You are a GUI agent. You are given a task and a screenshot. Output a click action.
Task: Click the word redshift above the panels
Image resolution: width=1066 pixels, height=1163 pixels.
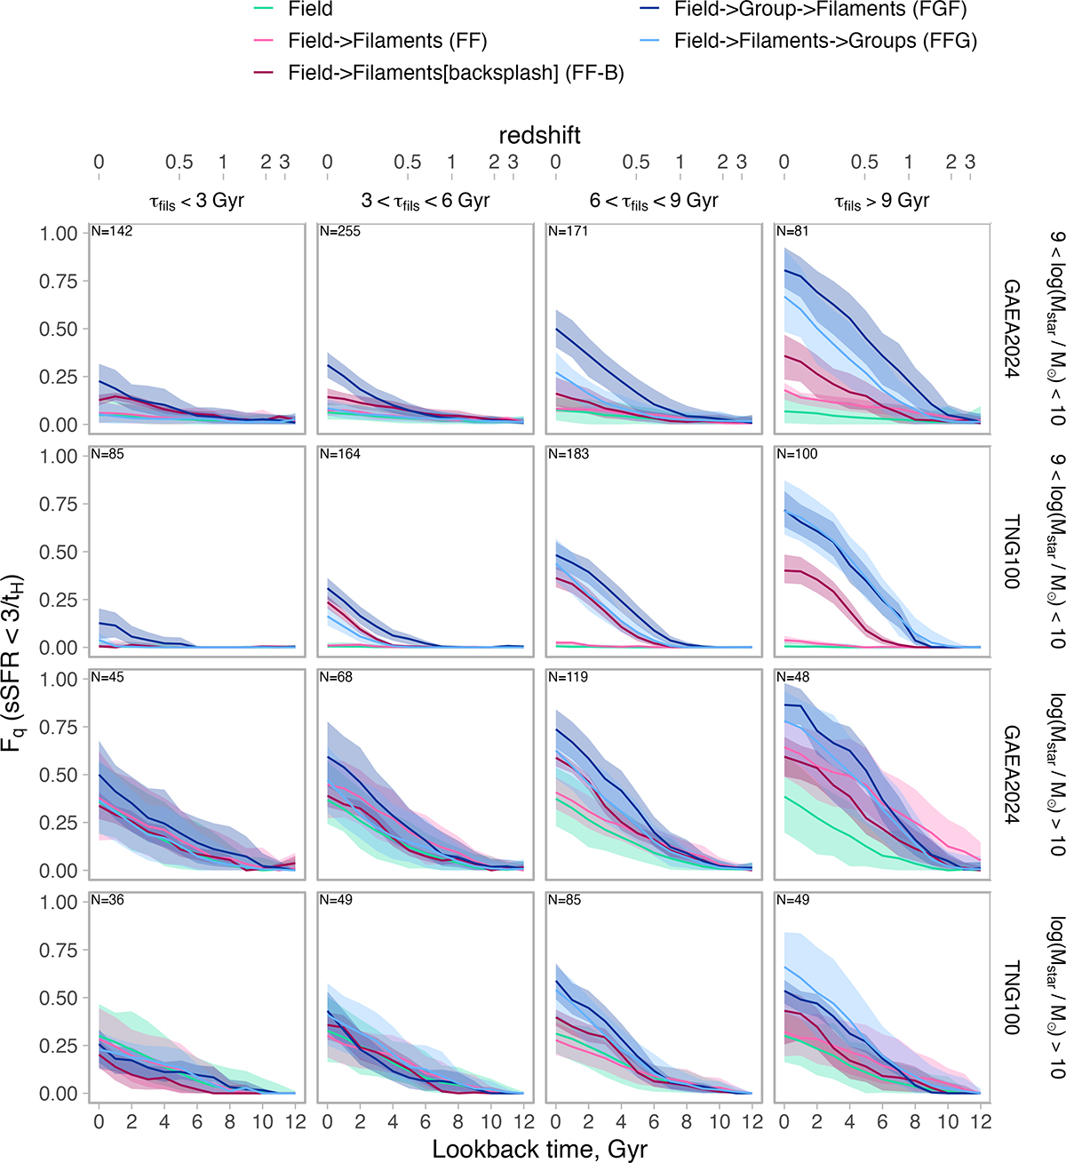click(539, 135)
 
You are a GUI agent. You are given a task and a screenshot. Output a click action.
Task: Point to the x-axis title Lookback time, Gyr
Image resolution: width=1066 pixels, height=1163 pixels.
click(539, 1149)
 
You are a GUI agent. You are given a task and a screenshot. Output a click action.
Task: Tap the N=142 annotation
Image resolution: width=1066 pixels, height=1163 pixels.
click(112, 232)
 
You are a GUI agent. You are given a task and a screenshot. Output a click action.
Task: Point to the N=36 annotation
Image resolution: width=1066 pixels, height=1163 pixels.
click(108, 901)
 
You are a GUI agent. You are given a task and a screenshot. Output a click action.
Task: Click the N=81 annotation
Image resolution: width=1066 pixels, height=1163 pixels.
click(792, 232)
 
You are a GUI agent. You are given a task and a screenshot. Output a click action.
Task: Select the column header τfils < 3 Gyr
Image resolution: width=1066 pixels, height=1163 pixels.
click(196, 202)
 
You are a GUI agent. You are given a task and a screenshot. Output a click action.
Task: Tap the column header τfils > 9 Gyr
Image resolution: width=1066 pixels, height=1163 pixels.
click(881, 202)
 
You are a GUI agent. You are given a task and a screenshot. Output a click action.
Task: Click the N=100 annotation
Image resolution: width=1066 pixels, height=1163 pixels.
click(797, 455)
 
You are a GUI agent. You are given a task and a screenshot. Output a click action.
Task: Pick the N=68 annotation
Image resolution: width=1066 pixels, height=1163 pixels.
click(337, 678)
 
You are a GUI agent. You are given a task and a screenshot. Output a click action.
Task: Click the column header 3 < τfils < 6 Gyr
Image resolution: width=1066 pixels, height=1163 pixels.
click(425, 202)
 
